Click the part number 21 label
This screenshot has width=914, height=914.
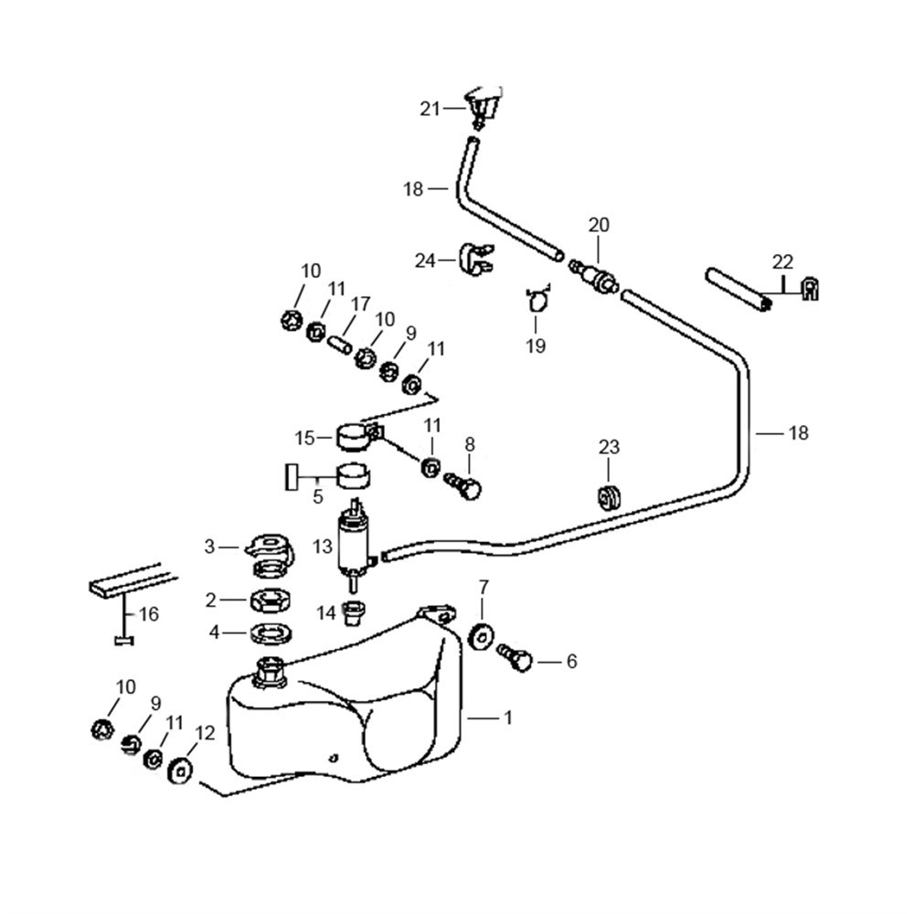point(430,109)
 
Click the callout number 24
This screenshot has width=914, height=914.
point(425,261)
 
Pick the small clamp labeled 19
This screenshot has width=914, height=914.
point(538,299)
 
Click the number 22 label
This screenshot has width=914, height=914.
point(782,261)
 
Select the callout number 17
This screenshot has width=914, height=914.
point(359,303)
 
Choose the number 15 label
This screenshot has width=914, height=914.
point(304,438)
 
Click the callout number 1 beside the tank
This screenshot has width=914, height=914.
point(507,718)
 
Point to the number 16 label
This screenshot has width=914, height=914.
point(148,614)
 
